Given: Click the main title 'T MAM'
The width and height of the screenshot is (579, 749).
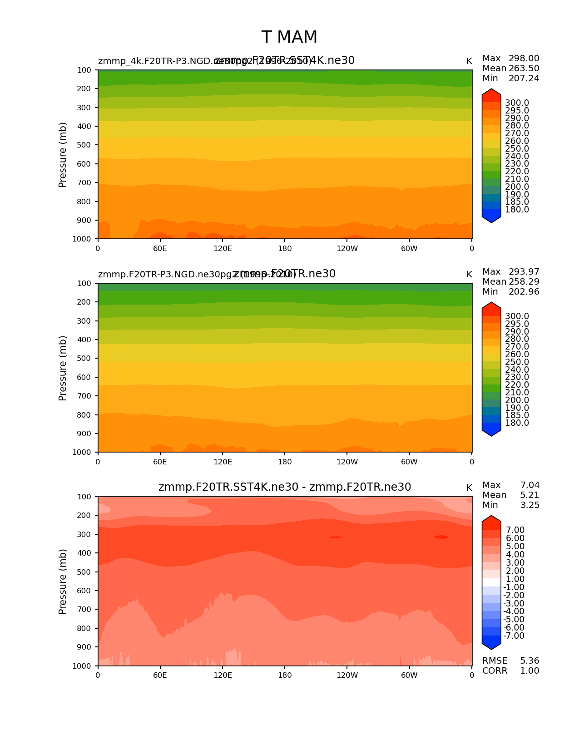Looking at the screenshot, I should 289,37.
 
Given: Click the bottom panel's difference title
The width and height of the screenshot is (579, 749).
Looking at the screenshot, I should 285,487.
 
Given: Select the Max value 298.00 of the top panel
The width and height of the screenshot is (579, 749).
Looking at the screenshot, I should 524,59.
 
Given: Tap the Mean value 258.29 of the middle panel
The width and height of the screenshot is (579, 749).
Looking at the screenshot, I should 524,282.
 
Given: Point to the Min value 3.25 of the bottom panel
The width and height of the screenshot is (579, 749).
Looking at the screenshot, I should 530,505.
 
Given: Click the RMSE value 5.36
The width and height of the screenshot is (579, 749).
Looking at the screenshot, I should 530,661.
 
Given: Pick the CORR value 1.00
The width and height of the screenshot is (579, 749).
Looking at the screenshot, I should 530,671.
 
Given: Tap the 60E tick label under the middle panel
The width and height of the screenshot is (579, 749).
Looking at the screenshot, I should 160,462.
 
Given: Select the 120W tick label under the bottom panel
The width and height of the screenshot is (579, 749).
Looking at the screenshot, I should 347,675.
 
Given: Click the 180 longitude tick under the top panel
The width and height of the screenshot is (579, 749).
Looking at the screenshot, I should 285,249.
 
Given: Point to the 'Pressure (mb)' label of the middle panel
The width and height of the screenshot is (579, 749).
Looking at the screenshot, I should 63,368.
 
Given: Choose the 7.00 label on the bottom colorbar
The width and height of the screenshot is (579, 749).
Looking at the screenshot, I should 515,530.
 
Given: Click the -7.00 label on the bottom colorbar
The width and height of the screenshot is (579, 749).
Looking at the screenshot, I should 514,636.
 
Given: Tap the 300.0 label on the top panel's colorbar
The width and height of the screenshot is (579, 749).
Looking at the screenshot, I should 517,103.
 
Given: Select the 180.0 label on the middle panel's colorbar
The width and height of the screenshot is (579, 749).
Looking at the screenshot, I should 517,423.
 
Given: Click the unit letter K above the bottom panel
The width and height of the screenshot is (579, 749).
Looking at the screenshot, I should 469,488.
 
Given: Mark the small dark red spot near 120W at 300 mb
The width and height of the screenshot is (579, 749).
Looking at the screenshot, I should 335,537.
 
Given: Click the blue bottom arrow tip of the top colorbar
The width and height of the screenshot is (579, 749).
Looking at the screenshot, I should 491,220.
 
